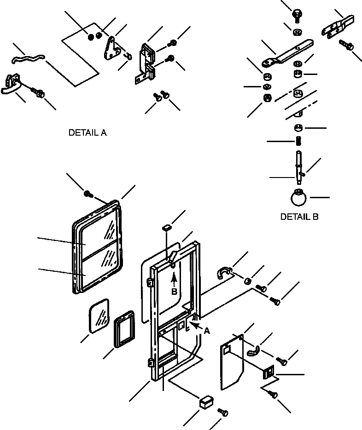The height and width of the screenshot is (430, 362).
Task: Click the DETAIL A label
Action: (x=87, y=133)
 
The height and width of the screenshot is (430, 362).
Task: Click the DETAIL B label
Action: (x=299, y=217)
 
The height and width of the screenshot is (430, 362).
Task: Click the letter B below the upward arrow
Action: (x=175, y=291)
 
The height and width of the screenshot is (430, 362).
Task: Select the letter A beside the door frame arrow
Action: (x=207, y=330)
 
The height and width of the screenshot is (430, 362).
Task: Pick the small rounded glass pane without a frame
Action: (x=99, y=315)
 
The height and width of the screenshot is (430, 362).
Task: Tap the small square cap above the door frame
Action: (x=167, y=227)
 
